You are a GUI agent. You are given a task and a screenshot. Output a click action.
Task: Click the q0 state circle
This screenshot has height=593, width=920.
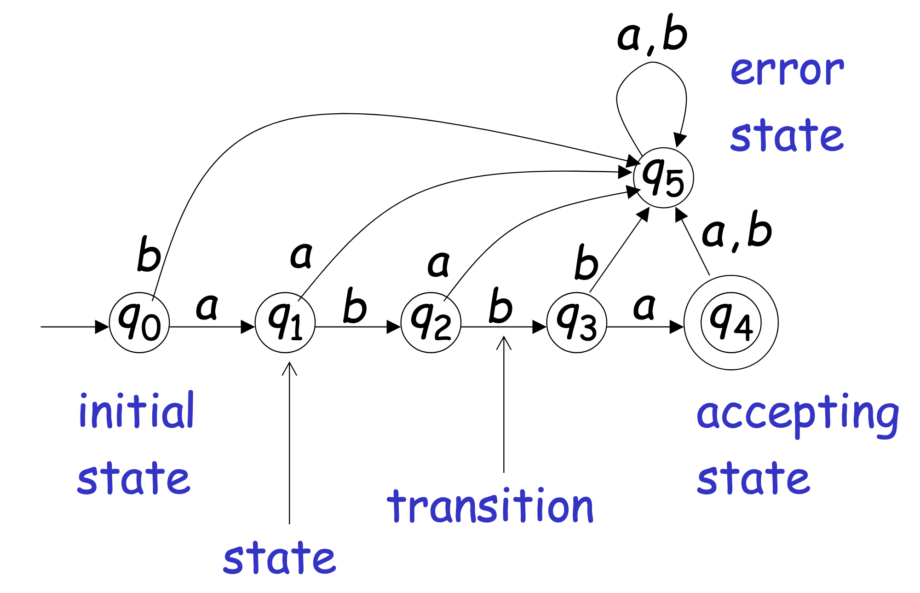pos(139,322)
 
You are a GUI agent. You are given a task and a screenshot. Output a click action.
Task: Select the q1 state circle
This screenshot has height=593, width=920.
pos(285,322)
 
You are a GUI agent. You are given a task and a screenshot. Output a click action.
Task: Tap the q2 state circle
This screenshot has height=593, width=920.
pos(431,322)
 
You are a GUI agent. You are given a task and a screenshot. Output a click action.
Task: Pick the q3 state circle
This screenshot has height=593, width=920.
pos(577,322)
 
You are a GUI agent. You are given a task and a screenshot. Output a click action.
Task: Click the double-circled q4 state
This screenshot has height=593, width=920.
pos(731,322)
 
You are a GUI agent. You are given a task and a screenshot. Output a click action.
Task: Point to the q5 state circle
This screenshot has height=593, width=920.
pos(663,178)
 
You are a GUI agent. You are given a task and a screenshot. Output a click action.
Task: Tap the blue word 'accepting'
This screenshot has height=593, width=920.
pos(798,414)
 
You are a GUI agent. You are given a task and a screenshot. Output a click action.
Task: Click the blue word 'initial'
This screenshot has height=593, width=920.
pos(137,411)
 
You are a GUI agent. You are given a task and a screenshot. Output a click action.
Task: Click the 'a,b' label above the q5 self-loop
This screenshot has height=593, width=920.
pos(652,35)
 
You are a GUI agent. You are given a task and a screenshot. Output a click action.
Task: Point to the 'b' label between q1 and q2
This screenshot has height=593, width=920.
pos(355,306)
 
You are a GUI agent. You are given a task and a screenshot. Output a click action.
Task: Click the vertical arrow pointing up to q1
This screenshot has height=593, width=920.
pos(289,442)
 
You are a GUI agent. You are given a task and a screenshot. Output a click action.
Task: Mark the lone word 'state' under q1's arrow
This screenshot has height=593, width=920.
pos(279,558)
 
